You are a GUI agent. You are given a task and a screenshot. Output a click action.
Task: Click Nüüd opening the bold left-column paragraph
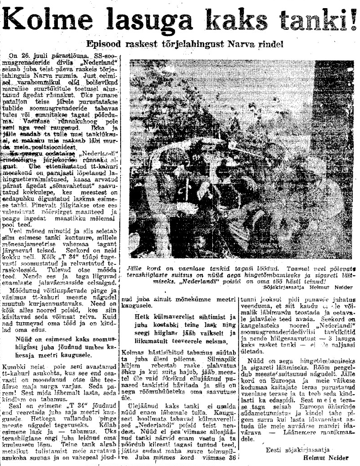(x=25, y=338)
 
